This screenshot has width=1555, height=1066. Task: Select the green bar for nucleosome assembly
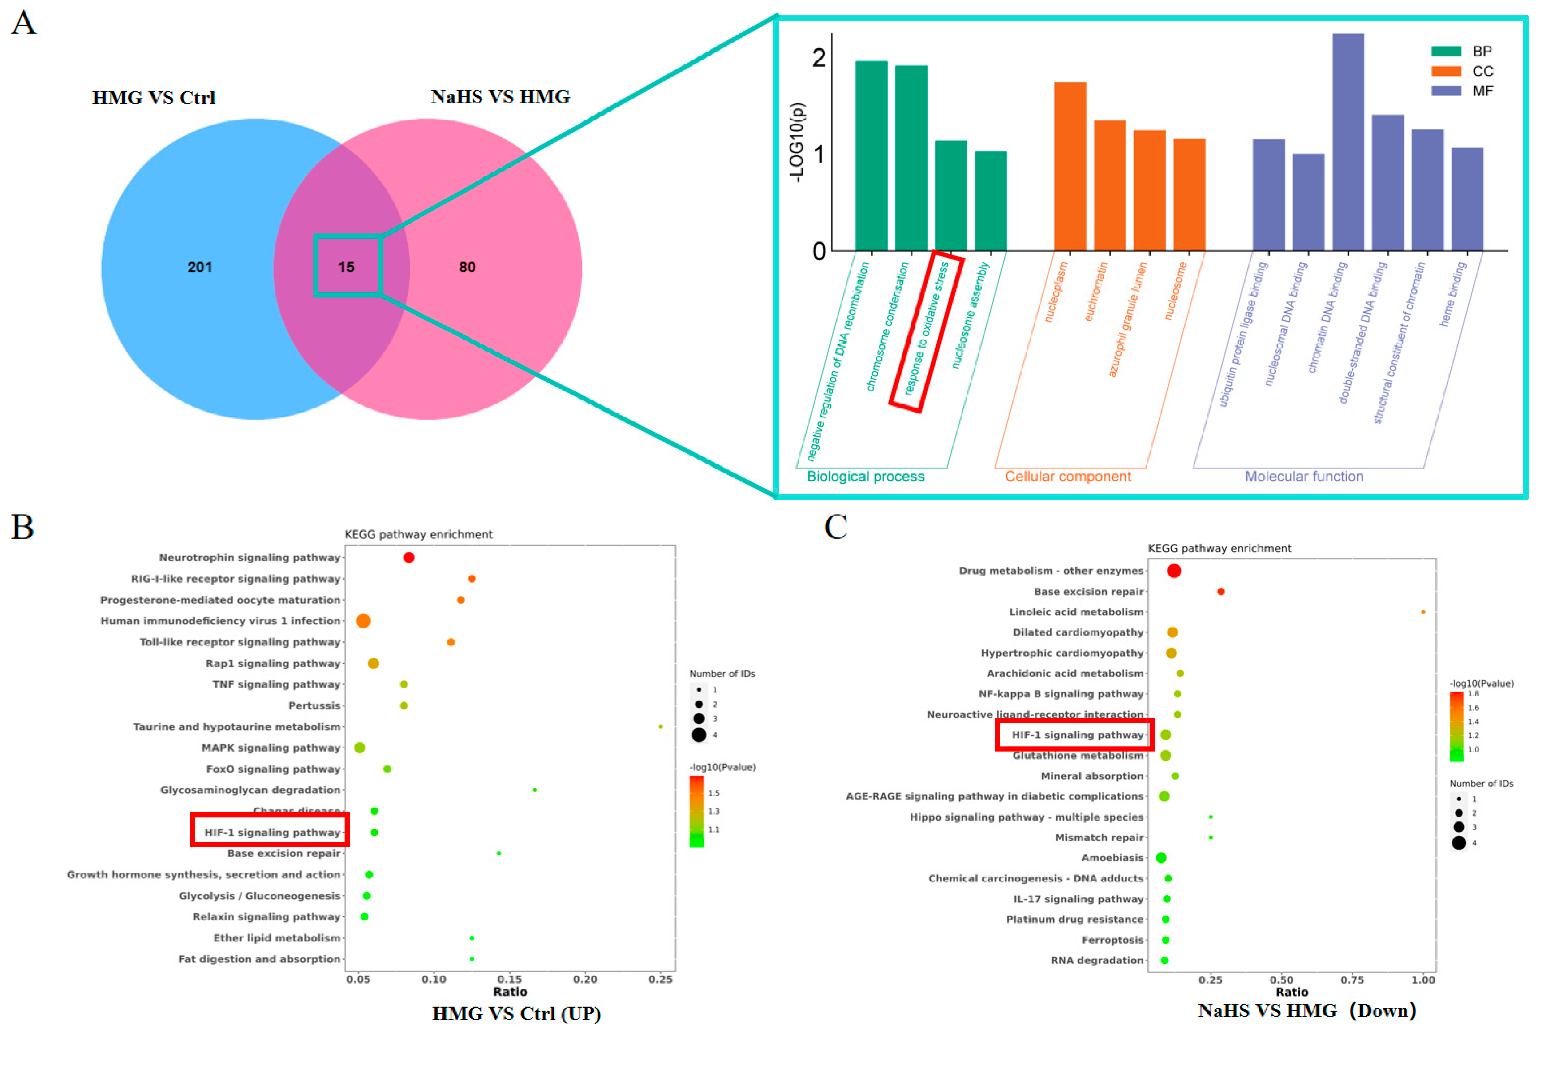pyautogui.click(x=990, y=201)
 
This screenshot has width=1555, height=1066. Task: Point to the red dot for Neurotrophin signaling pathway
pyautogui.click(x=409, y=558)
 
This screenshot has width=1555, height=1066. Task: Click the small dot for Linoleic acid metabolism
pyautogui.click(x=1423, y=612)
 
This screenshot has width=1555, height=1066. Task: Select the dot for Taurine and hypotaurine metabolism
pyautogui.click(x=661, y=727)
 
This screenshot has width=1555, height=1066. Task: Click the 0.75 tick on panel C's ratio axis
pyautogui.click(x=1352, y=981)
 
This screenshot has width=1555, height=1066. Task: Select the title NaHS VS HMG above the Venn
pyautogui.click(x=500, y=98)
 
